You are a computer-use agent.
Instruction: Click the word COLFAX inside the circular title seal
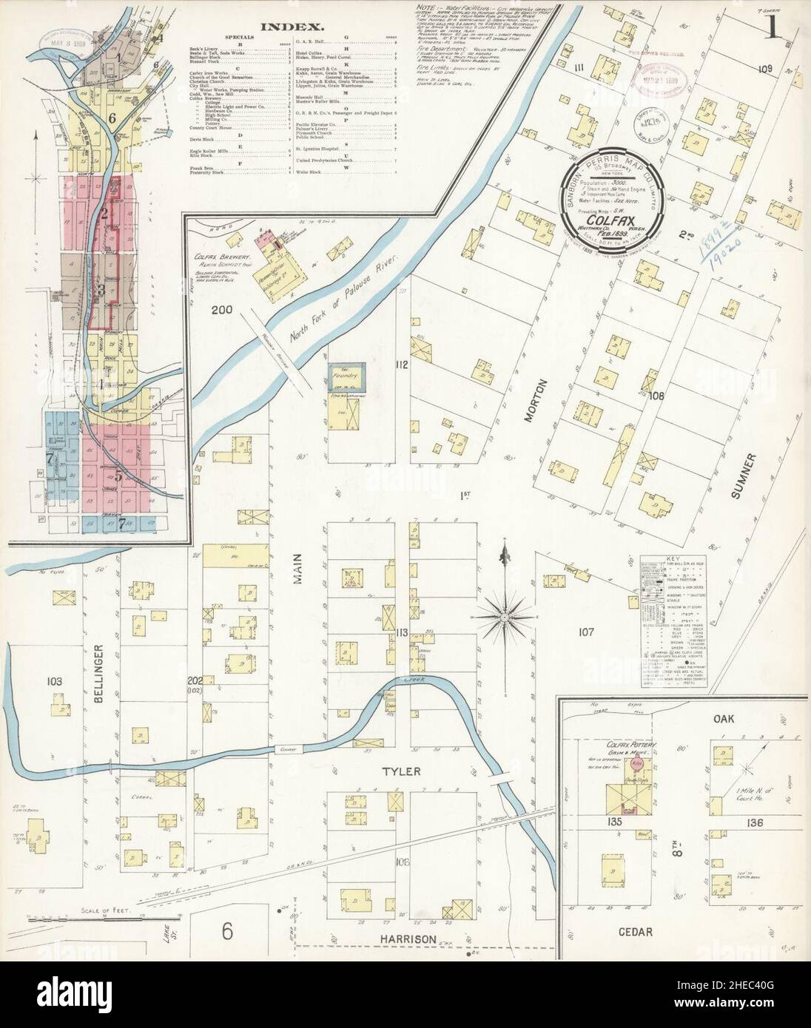[610, 220]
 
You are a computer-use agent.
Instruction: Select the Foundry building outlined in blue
[348, 376]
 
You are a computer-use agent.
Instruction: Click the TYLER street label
[401, 771]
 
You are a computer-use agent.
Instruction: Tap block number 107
[587, 632]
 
